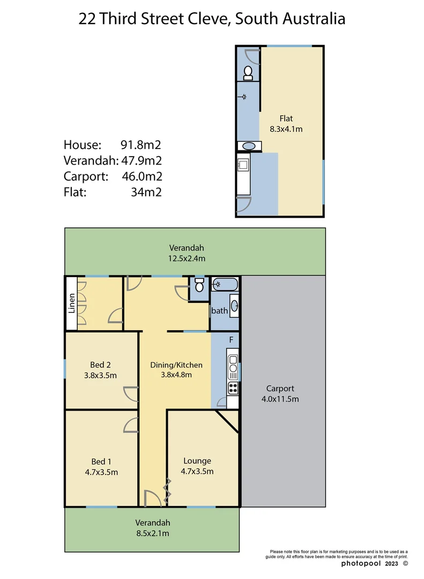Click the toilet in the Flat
pos(248,73)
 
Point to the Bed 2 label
pos(100,365)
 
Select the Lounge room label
pos(197,461)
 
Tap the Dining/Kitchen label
pos(176,365)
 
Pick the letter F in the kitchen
pos(231,340)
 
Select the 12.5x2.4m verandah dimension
pos(187,258)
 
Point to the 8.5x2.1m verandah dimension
pos(152,533)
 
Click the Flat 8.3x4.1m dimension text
pos(286,129)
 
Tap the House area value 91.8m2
pos(142,145)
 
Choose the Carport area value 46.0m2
pos(142,176)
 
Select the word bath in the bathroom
pos(220,310)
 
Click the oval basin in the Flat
pos(249,146)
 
